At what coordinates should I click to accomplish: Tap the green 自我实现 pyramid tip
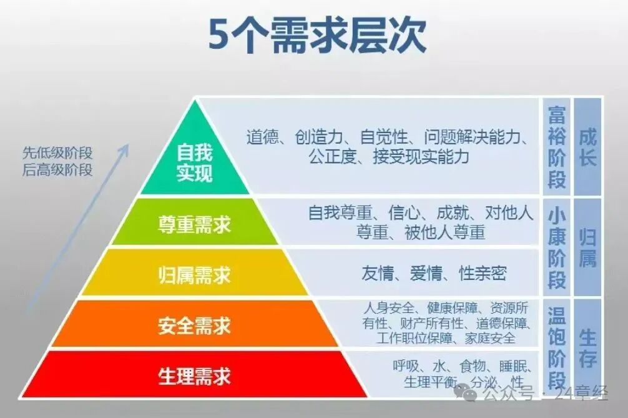(x=194, y=161)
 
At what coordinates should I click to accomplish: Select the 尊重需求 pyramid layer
(x=194, y=224)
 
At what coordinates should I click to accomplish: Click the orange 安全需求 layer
(x=194, y=326)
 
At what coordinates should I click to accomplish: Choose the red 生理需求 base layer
(x=194, y=376)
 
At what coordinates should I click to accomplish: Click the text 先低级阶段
(x=57, y=154)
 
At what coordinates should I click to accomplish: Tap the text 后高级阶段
(x=57, y=169)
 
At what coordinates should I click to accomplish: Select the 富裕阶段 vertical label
(x=557, y=147)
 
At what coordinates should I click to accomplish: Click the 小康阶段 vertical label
(x=557, y=248)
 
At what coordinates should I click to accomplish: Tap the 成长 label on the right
(x=587, y=147)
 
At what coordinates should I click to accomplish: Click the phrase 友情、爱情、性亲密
(x=434, y=273)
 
